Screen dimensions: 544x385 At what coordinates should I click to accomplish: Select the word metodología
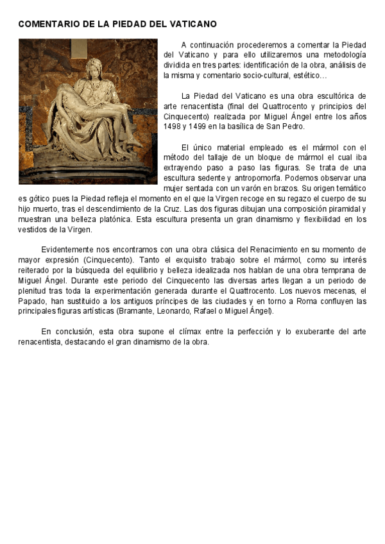(344, 55)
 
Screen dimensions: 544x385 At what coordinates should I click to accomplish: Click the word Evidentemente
(69, 249)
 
